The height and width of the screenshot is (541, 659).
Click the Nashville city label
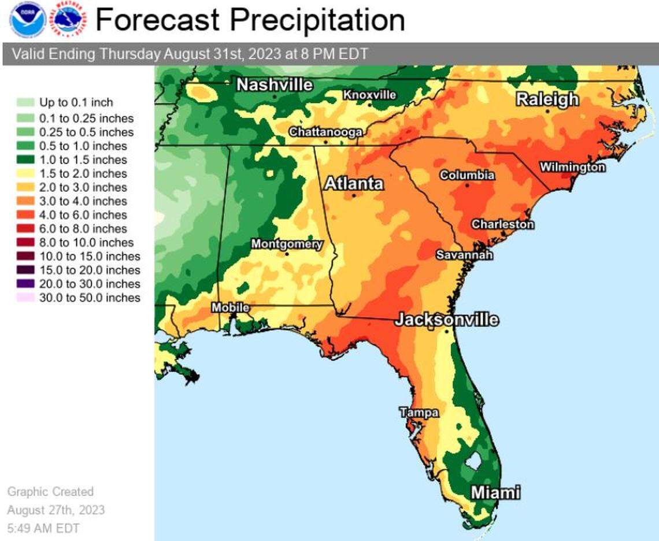275,84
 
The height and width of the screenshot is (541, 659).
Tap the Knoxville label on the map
369,95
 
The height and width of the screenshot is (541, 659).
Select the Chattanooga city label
325,132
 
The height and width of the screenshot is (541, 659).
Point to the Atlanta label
354,184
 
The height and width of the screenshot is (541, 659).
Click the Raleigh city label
547,99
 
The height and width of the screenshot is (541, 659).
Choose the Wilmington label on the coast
572,167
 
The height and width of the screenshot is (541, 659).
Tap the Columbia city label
467,175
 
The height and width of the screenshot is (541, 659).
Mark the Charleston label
503,224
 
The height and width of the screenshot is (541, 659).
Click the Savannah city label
464,255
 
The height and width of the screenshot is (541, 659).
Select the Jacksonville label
446,320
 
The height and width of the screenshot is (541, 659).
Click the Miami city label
495,493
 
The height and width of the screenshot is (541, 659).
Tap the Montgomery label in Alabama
287,244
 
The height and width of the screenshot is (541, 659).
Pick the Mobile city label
230,307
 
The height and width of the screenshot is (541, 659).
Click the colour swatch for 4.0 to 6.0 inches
25,215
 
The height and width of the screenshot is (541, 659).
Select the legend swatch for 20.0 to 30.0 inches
25,284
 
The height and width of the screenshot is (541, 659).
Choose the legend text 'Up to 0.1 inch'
76,102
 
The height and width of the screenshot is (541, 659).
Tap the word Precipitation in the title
318,20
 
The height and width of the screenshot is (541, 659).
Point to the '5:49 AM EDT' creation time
43,528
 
